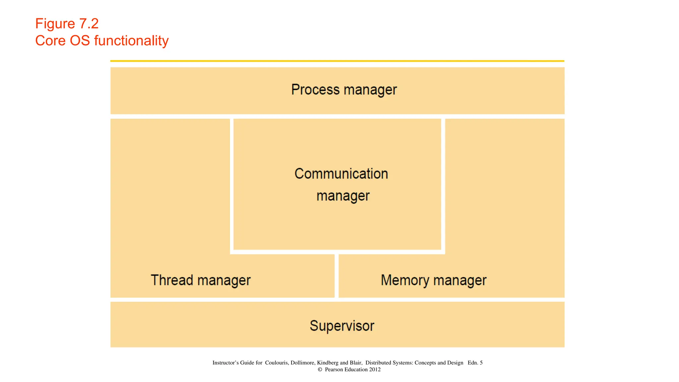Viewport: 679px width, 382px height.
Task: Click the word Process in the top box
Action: tap(315, 90)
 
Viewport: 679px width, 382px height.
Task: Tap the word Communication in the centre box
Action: tap(341, 174)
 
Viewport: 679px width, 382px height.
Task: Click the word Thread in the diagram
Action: tap(172, 280)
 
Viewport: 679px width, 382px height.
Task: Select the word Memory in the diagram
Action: tap(405, 280)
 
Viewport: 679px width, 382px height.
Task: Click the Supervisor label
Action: tap(342, 326)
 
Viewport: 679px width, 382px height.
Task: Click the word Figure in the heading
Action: tap(55, 24)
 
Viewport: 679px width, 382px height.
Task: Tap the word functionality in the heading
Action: tap(131, 41)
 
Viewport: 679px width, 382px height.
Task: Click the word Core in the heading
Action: tap(50, 41)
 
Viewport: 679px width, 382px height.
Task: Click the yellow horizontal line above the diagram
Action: tap(337, 61)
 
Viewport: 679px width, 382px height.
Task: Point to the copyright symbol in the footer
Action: tap(320, 369)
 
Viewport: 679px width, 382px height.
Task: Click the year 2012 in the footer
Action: tap(375, 369)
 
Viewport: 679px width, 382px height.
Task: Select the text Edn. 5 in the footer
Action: tap(475, 363)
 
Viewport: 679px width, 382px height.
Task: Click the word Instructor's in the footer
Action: tap(225, 363)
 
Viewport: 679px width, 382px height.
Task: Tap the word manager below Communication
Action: tap(343, 196)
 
